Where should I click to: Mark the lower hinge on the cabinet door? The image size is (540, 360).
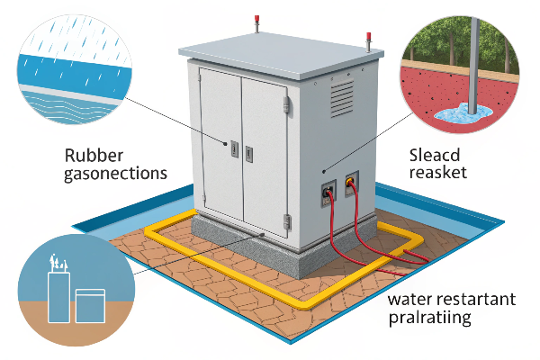(x=287, y=217)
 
